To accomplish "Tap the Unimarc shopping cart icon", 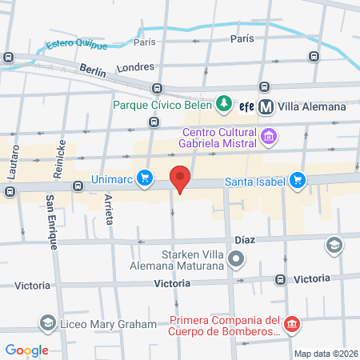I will pos(144,177).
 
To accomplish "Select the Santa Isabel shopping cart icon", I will pos(298,181).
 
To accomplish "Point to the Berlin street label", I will pos(93,70).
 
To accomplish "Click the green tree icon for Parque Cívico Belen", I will pos(224,104).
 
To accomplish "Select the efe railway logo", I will pos(246,105).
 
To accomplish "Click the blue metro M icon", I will pos(266,105).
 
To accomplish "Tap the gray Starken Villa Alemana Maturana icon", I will pos(236,258).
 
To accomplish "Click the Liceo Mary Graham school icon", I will pos(47,322).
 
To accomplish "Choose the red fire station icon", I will pos(293,324).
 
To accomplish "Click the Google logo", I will pos(27,350).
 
